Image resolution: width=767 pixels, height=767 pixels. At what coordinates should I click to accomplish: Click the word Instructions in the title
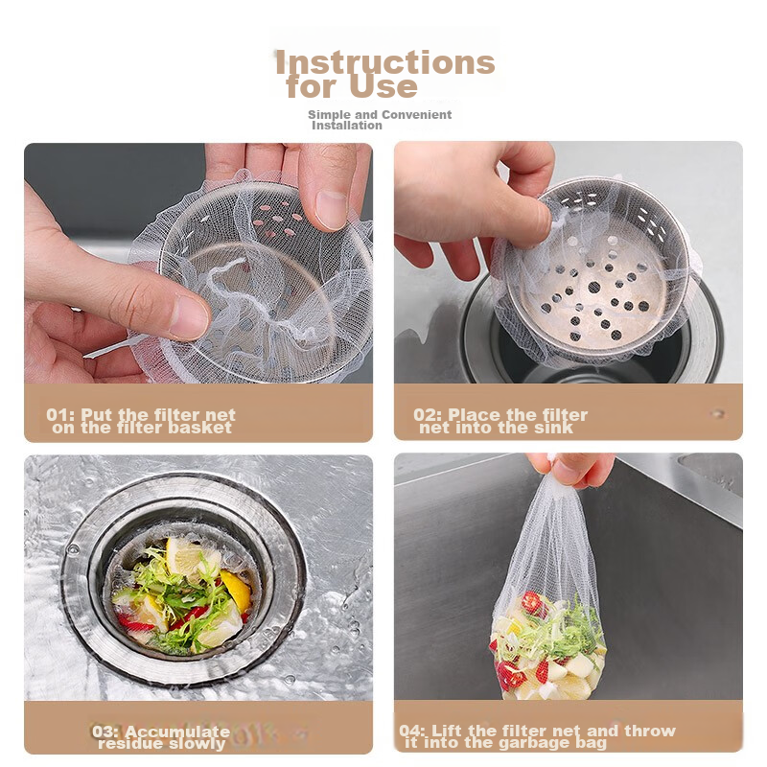(384, 63)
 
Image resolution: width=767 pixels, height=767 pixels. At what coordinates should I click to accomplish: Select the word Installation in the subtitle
(346, 126)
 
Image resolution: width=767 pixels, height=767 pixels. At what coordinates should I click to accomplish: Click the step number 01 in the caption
(58, 415)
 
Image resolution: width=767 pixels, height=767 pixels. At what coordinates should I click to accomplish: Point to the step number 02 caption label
(427, 415)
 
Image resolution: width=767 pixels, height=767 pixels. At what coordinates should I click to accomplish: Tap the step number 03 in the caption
(105, 732)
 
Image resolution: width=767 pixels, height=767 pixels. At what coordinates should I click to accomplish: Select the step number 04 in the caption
(411, 732)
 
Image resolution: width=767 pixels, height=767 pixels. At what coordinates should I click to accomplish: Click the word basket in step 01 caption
(198, 428)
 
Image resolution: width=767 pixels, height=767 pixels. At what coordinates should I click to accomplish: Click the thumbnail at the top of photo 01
(332, 207)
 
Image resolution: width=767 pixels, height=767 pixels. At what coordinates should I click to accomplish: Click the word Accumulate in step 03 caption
(177, 732)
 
